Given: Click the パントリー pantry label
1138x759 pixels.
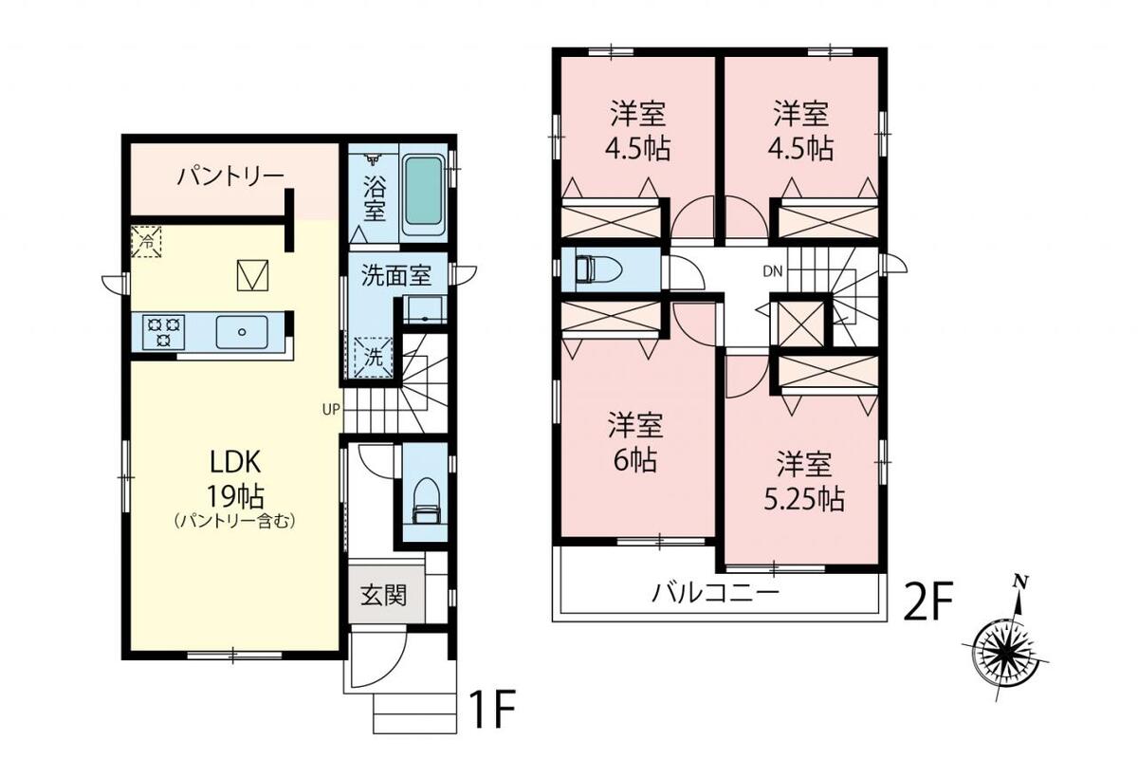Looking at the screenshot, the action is coord(230,176).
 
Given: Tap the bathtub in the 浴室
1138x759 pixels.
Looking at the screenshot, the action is coord(423,191).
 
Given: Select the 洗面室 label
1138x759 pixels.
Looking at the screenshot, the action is coord(396,275).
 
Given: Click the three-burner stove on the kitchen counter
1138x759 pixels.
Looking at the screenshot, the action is coord(163,332).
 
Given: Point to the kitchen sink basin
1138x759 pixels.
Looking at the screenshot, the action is coord(242,332).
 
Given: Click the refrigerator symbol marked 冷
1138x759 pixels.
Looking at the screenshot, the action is coord(146,242).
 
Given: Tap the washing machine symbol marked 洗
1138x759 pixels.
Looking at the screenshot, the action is coord(374,358).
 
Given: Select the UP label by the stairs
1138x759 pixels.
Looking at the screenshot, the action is coord(331,409).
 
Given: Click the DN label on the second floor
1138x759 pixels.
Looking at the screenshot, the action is coord(773,271).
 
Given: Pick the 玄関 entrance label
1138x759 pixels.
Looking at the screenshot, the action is coord(384,595).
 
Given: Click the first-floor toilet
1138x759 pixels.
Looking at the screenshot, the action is coord(426,501).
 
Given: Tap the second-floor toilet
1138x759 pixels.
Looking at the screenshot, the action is coord(597,268).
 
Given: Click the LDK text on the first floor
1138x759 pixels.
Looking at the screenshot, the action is coord(236,463).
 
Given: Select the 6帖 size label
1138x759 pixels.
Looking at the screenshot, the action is coord(635,460).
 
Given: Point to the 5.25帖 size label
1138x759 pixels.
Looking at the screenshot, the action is coord(805,500).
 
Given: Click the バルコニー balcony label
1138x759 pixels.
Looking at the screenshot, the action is coord(715,593).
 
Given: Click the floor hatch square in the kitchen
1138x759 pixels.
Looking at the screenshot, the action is coord(253,275).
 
